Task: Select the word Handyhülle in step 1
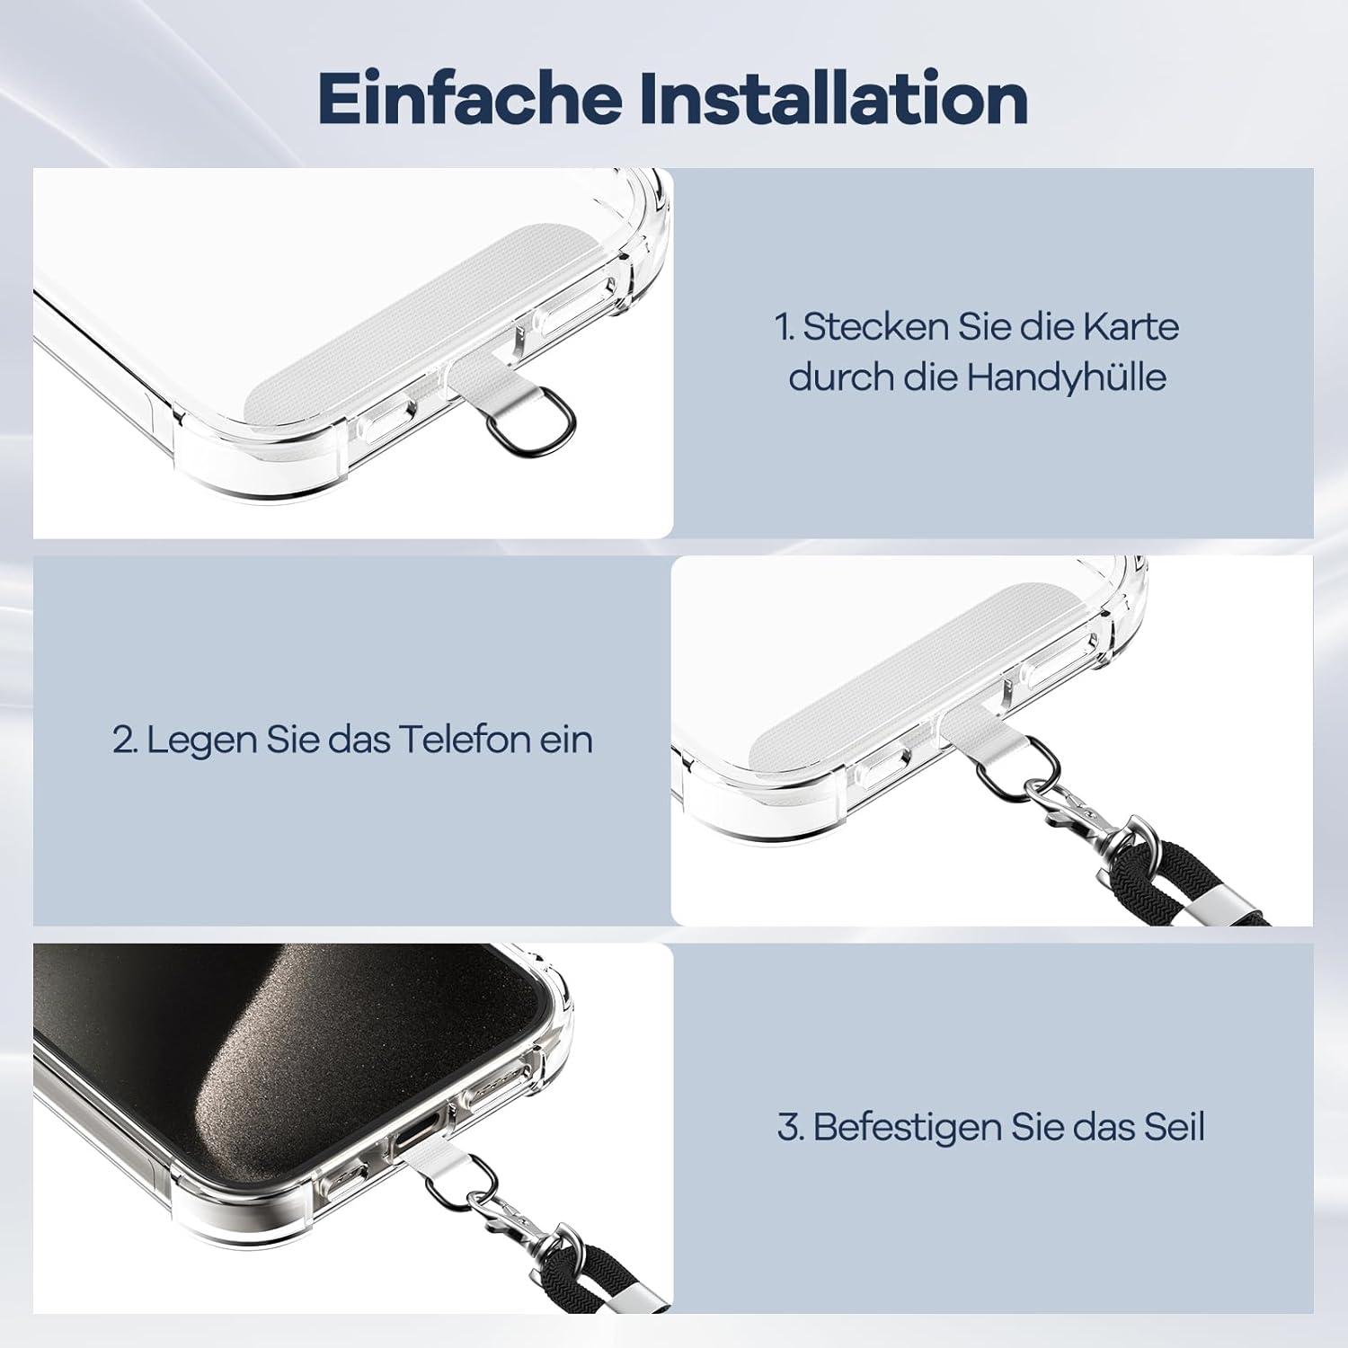point(1066,377)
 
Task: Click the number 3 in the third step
point(789,1128)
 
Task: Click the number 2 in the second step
point(124,741)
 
